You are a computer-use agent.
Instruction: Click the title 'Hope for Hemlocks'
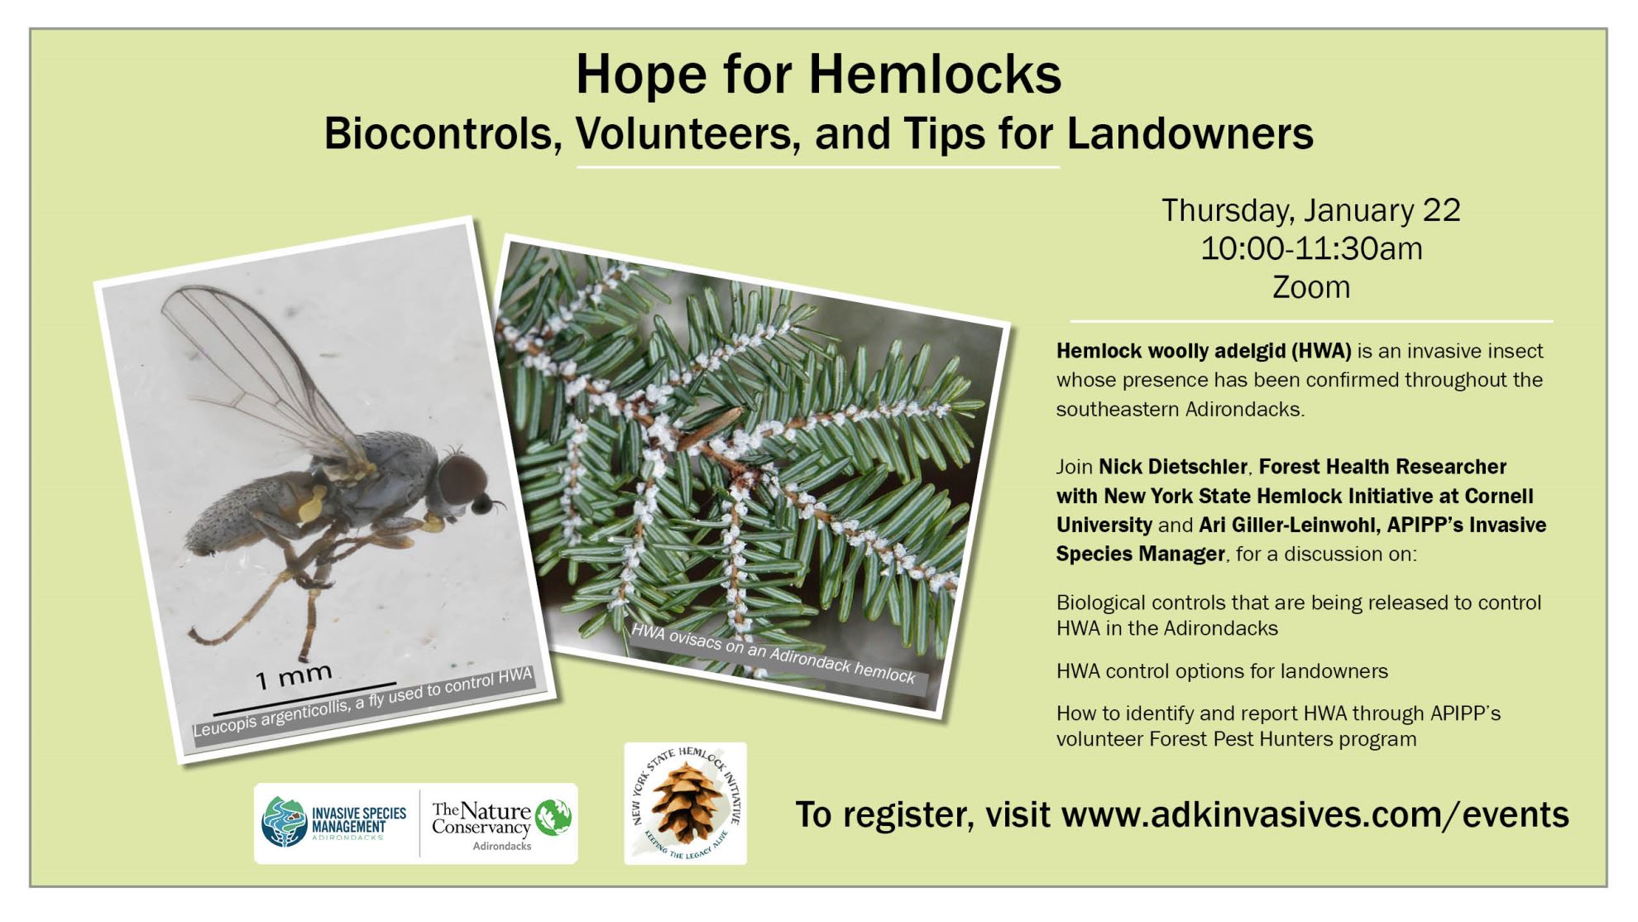(818, 74)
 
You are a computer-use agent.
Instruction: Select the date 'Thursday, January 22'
(1311, 210)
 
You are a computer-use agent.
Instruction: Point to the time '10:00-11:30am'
(1311, 248)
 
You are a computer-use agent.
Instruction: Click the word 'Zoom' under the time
(1311, 287)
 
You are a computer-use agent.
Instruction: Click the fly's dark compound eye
(462, 478)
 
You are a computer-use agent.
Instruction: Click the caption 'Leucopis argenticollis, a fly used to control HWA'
(362, 702)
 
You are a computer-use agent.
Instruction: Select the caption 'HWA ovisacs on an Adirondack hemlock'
(773, 654)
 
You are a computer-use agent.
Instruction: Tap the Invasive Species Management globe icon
(285, 822)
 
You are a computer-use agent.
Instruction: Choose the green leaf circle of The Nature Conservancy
(553, 818)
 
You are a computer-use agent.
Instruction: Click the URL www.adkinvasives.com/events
(1315, 814)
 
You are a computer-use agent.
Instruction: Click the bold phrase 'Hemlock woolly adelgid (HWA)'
(1204, 351)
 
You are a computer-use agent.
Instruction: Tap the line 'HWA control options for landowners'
(1222, 670)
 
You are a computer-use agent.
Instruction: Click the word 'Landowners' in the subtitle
(1190, 133)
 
